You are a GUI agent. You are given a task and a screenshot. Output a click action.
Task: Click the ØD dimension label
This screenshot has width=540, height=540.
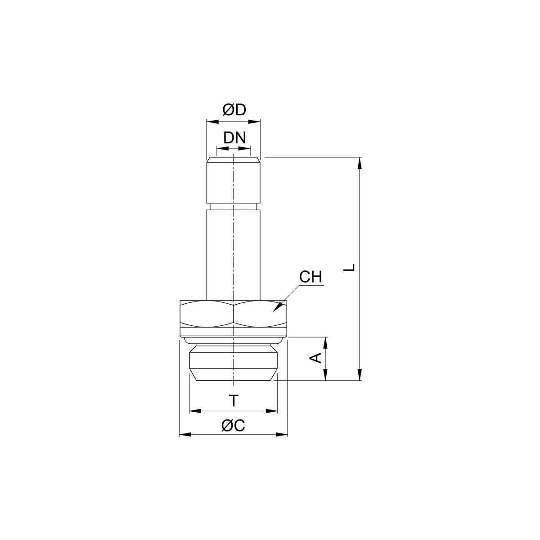coord(234,110)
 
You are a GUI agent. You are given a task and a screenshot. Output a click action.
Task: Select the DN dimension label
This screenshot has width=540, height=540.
coord(234,138)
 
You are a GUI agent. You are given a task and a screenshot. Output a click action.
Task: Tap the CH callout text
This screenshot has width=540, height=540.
coord(310,277)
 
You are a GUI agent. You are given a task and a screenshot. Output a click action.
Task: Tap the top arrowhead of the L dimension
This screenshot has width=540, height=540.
coord(360,163)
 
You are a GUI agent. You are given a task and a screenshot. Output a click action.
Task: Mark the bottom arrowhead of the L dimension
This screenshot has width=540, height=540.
coord(360,375)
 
